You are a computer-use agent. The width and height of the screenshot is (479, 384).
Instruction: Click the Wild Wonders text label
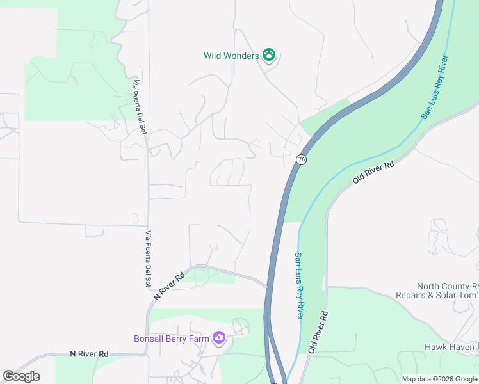pyautogui.click(x=231, y=56)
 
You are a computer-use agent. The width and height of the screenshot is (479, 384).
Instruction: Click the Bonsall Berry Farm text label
pyautogui.click(x=171, y=339)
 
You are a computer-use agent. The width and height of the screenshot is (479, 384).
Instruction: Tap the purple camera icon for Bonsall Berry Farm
pyautogui.click(x=219, y=337)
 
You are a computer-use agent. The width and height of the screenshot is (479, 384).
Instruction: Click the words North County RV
pyautogui.click(x=446, y=286)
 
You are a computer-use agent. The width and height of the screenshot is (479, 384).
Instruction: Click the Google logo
pyautogui.click(x=21, y=376)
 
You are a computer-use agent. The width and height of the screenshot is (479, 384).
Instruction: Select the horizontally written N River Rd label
pyautogui.click(x=89, y=353)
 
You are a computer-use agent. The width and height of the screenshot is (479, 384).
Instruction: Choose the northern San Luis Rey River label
pyautogui.click(x=434, y=88)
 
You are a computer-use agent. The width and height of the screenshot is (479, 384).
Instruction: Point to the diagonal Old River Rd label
pyautogui.click(x=373, y=173)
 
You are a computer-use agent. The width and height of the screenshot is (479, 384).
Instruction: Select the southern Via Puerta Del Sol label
pyautogui.click(x=149, y=258)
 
